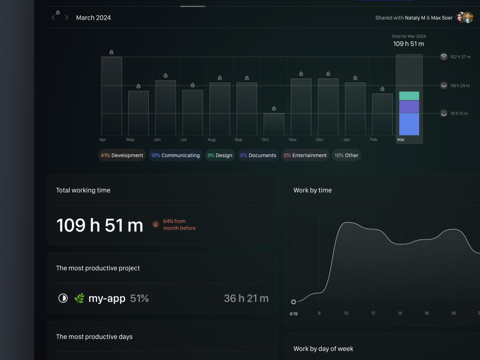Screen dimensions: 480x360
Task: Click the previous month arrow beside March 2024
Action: click(x=53, y=17)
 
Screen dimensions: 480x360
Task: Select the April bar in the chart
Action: click(x=112, y=96)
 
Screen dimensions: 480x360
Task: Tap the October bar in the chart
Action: click(x=274, y=124)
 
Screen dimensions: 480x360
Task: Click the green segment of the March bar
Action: click(x=409, y=96)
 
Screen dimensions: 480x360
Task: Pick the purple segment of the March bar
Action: click(x=409, y=107)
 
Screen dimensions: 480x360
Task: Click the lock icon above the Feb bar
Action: click(x=383, y=89)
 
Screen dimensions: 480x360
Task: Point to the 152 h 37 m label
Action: click(x=460, y=57)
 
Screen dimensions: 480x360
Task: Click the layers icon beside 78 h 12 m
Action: click(x=444, y=113)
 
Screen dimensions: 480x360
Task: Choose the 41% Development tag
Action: click(x=122, y=155)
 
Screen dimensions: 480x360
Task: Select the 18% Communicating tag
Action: click(x=175, y=155)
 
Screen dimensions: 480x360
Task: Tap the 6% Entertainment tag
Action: click(x=305, y=155)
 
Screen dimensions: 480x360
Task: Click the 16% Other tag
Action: click(x=346, y=155)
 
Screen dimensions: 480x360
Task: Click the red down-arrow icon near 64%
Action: click(x=156, y=225)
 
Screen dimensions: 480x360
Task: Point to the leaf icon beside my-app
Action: click(x=79, y=298)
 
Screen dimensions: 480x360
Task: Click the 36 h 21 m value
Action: click(x=246, y=298)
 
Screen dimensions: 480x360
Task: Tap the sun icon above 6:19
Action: click(x=293, y=302)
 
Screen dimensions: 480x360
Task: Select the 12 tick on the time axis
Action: click(x=373, y=313)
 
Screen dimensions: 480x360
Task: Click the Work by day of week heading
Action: click(x=323, y=348)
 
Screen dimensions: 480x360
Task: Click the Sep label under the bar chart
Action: click(x=239, y=140)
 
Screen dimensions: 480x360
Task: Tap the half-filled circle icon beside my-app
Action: click(x=63, y=298)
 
